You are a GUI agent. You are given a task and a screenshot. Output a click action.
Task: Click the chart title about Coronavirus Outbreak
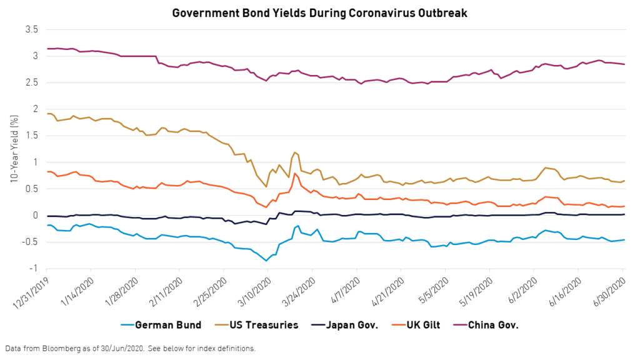coord(320,12)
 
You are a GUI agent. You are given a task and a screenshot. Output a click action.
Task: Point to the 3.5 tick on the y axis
coord(31,29)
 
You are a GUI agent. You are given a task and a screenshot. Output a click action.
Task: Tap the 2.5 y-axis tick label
coord(31,82)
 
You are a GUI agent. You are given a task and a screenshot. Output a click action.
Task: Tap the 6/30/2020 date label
coord(608,289)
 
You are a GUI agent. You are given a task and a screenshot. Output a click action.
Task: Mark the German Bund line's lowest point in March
coord(267,261)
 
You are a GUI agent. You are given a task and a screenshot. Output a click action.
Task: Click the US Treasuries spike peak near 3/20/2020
coord(294,152)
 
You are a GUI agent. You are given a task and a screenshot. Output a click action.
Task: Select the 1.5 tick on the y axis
coord(31,136)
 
